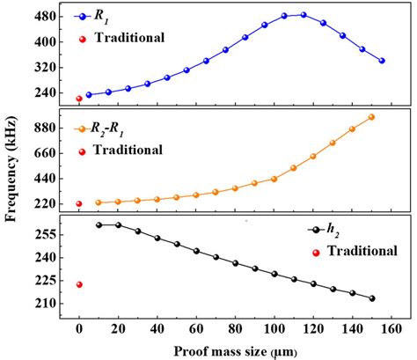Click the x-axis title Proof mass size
click(x=235, y=351)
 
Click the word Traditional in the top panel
click(x=129, y=38)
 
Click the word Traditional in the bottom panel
click(x=361, y=251)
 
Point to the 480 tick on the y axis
click(x=46, y=17)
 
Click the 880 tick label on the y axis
click(x=46, y=127)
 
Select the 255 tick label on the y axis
click(x=46, y=235)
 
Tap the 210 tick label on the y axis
click(x=46, y=304)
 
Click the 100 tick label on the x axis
click(x=274, y=329)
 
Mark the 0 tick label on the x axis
click(x=79, y=329)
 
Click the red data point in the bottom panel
click(x=79, y=284)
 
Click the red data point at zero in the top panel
click(x=79, y=99)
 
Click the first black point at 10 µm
click(x=99, y=224)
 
